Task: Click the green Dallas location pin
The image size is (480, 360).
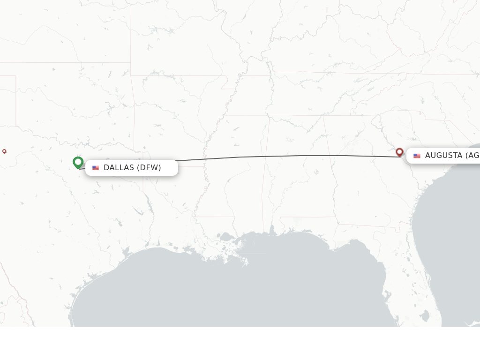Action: click(x=78, y=162)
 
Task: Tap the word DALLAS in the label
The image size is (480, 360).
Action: click(x=119, y=168)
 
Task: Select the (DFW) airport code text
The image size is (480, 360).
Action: click(x=149, y=168)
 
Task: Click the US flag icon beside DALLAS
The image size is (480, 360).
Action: click(x=96, y=168)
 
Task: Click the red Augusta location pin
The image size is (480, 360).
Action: click(x=399, y=152)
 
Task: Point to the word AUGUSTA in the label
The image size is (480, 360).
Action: click(x=443, y=156)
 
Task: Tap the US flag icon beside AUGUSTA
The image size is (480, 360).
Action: click(x=417, y=156)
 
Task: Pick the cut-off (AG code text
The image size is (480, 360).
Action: click(x=472, y=156)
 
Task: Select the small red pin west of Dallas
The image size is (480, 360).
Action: click(x=4, y=151)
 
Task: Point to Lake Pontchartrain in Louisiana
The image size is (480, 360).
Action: click(x=227, y=237)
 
